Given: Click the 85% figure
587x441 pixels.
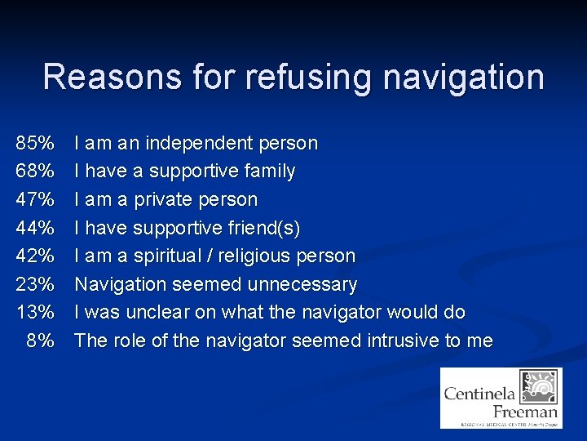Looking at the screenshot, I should click(x=34, y=144).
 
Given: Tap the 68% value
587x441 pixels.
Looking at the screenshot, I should click(x=34, y=171).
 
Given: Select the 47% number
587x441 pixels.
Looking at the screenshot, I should click(x=34, y=200).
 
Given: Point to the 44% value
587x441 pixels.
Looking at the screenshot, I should click(x=34, y=228).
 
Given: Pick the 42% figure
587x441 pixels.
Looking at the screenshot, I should click(x=34, y=256).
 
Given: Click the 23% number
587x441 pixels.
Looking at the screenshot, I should click(x=34, y=284).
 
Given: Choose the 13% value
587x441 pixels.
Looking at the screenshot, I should click(x=34, y=313).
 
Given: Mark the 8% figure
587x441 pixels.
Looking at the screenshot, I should click(x=40, y=341).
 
